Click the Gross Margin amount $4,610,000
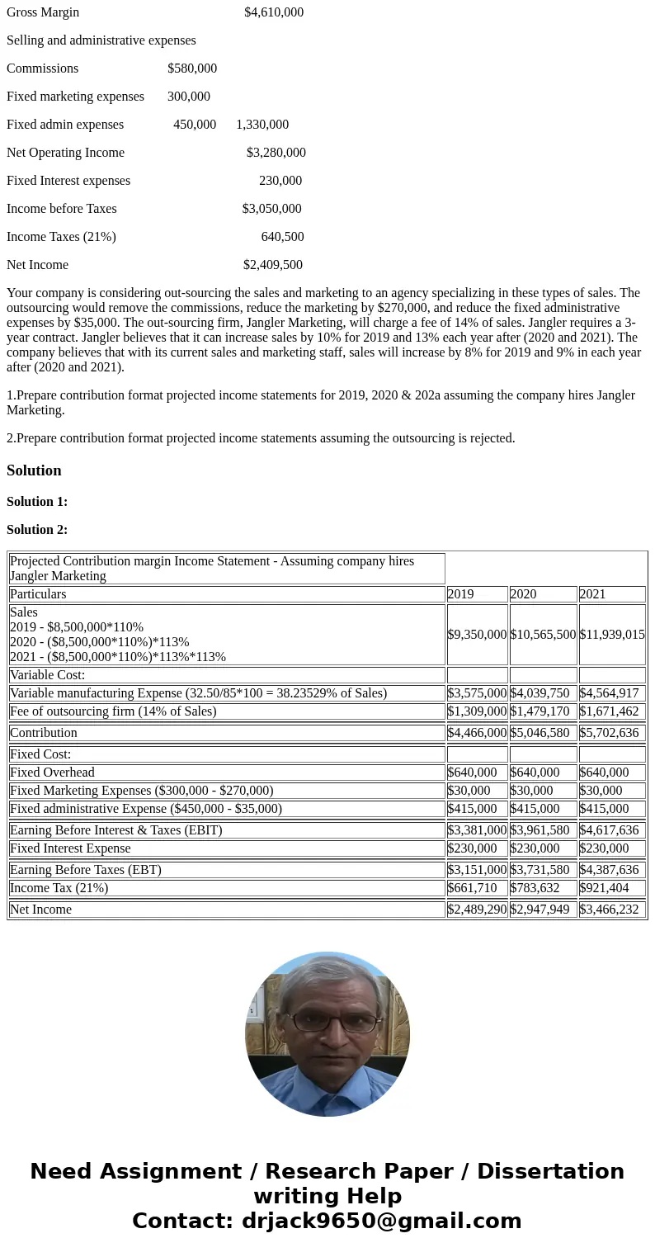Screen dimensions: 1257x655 click(x=273, y=12)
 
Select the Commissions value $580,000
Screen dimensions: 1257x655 click(x=192, y=69)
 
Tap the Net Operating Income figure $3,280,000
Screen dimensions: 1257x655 click(x=276, y=153)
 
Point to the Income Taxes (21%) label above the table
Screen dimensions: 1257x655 click(x=61, y=237)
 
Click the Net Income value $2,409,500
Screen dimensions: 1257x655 click(x=272, y=265)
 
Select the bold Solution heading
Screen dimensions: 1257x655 click(x=34, y=470)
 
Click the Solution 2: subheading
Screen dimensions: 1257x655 click(x=37, y=530)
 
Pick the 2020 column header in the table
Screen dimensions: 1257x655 click(x=523, y=594)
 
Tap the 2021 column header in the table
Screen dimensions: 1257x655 click(x=592, y=594)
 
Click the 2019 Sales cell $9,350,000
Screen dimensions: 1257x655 click(x=477, y=635)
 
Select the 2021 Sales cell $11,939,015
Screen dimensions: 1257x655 click(x=611, y=635)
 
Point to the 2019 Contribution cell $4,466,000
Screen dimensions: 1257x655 click(x=477, y=733)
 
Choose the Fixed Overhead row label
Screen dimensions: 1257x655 click(x=52, y=773)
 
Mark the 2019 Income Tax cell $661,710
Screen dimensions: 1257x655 click(x=472, y=888)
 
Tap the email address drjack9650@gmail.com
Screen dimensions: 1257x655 click(x=381, y=1222)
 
